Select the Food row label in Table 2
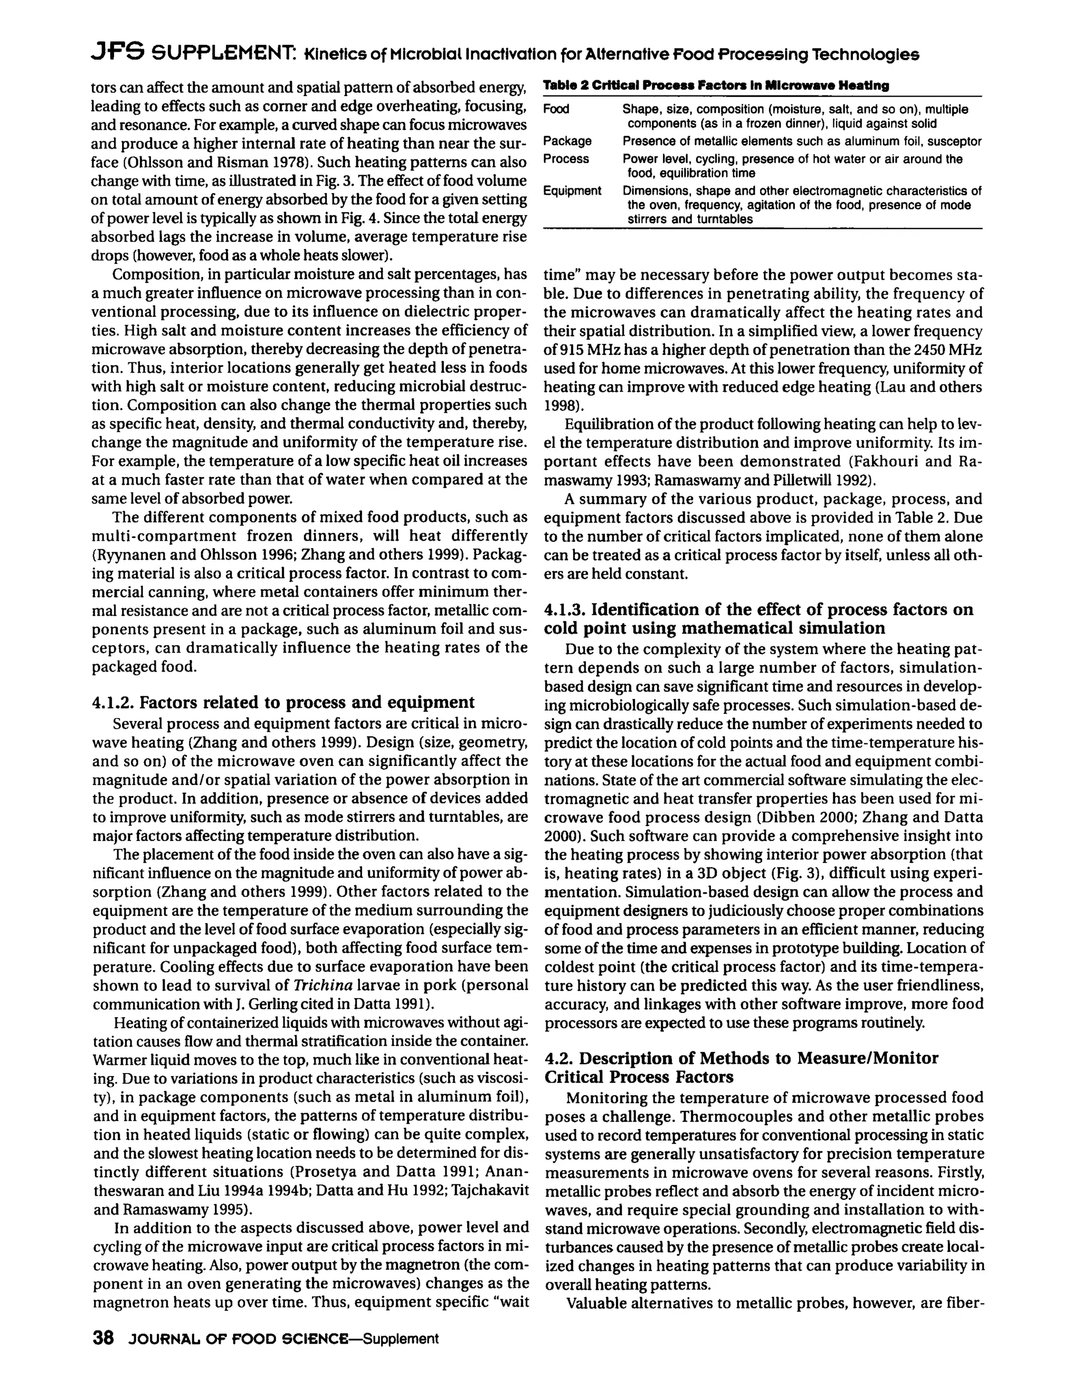(556, 109)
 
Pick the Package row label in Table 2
(567, 141)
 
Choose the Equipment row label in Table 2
(572, 191)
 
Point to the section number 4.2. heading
(559, 1058)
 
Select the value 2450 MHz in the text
(944, 350)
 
